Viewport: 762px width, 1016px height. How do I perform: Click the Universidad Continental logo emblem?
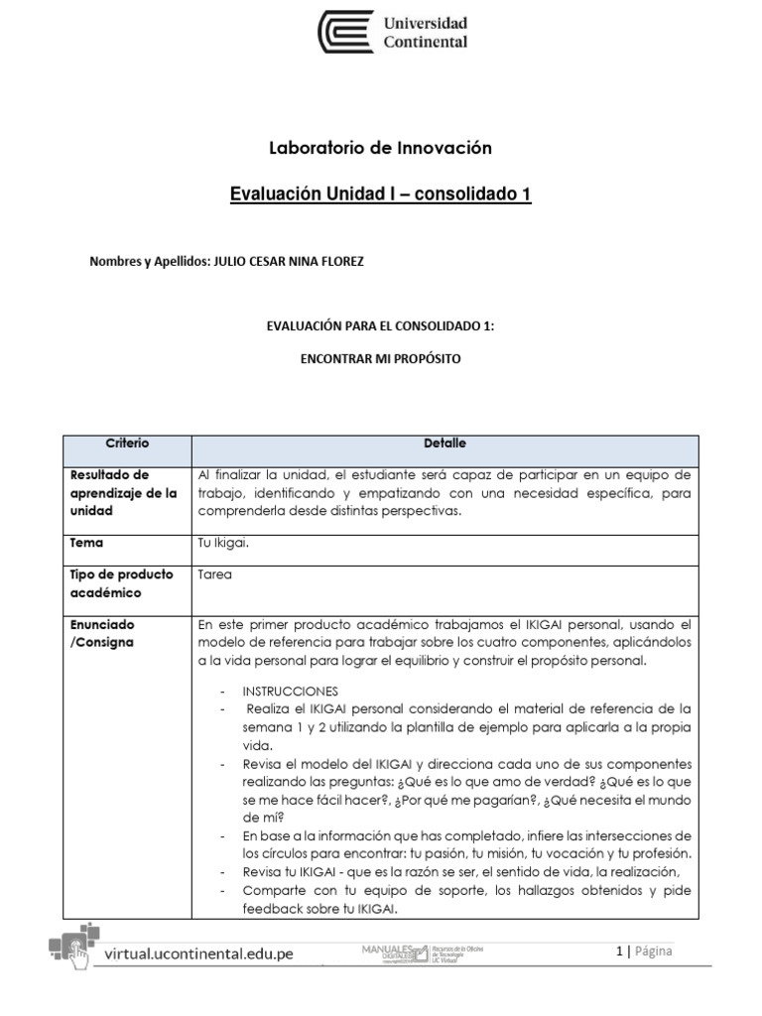[x=345, y=32]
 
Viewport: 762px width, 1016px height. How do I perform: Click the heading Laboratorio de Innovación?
[x=381, y=148]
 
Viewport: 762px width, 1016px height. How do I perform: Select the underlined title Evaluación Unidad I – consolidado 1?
[x=381, y=194]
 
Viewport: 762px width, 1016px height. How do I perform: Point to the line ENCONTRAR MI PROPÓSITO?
[x=381, y=358]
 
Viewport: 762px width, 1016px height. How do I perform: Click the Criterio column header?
[x=127, y=444]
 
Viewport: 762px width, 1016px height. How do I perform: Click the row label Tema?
[x=86, y=543]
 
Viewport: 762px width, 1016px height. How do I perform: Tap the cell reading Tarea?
[x=215, y=574]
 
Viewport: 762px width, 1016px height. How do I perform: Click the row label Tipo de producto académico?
[x=121, y=583]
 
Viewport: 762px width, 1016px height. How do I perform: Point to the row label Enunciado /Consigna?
[x=103, y=633]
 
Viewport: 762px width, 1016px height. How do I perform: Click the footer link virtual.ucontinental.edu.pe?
[x=198, y=954]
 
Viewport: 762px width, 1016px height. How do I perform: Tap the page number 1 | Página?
[x=644, y=952]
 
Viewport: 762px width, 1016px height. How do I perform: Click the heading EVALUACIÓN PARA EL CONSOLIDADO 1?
[x=381, y=323]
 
